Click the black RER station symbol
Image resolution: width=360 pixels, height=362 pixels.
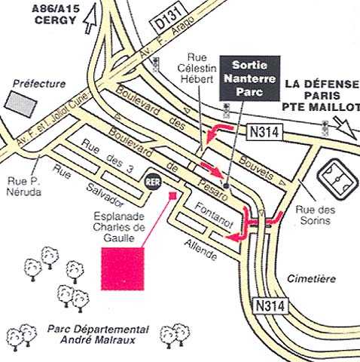[x=154, y=182]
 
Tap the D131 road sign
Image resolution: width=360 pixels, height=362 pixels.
[x=169, y=20]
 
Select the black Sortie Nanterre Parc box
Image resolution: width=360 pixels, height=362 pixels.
[x=250, y=78]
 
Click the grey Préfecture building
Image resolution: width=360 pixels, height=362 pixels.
[x=21, y=104]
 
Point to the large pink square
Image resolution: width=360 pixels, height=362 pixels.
[x=123, y=268]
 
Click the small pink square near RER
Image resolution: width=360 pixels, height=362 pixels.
[x=172, y=195]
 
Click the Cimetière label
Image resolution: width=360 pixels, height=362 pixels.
[x=311, y=278]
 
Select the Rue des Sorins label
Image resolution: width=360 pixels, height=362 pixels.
[x=316, y=215]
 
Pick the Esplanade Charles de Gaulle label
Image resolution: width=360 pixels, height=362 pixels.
[x=119, y=227]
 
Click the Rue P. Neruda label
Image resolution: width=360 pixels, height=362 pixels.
[x=24, y=186]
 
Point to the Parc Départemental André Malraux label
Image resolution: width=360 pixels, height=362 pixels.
[x=98, y=335]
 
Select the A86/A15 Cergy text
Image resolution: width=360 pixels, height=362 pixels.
[x=55, y=14]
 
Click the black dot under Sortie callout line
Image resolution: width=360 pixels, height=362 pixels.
[x=226, y=186]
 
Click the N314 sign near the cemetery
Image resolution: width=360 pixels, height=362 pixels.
[x=270, y=306]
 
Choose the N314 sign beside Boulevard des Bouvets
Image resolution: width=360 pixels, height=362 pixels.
[x=264, y=132]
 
